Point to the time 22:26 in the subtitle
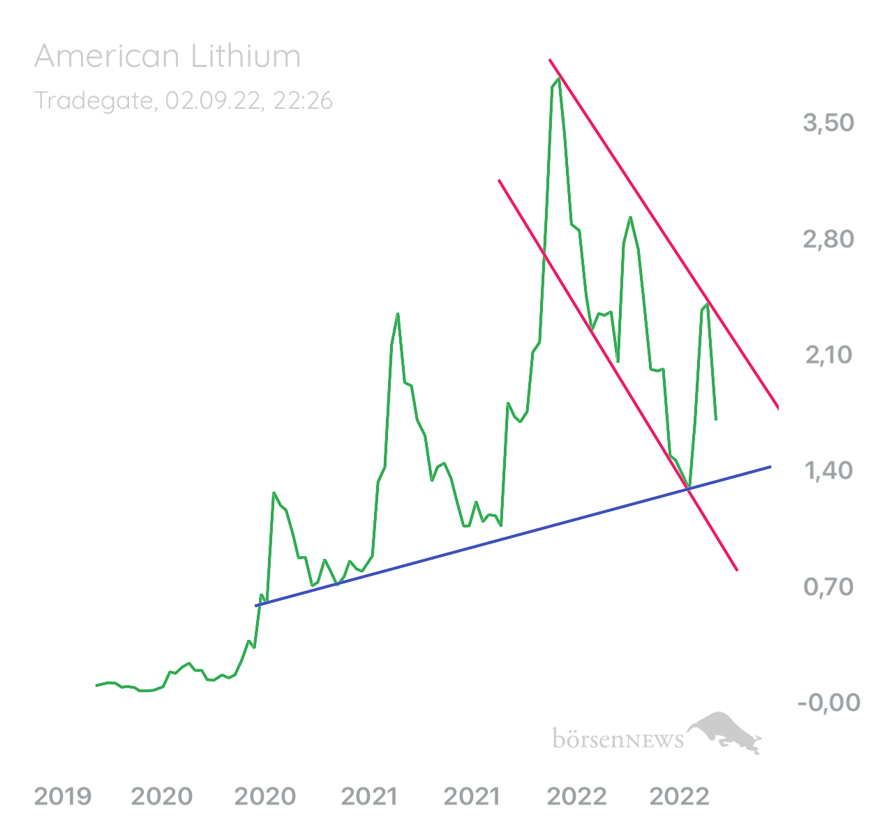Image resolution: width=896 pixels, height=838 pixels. (x=303, y=101)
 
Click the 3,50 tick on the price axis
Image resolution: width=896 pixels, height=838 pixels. (x=829, y=123)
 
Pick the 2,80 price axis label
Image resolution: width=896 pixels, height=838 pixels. (x=829, y=239)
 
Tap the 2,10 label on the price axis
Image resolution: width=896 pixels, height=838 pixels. (x=829, y=355)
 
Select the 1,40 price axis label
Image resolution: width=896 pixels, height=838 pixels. (x=829, y=471)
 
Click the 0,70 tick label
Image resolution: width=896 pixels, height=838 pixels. (x=829, y=587)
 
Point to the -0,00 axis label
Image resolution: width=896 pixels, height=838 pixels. (x=829, y=703)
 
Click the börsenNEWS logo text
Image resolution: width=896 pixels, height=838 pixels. (x=618, y=739)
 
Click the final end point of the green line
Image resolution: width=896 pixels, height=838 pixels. (x=717, y=419)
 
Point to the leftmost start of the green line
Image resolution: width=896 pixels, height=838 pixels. (x=96, y=686)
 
